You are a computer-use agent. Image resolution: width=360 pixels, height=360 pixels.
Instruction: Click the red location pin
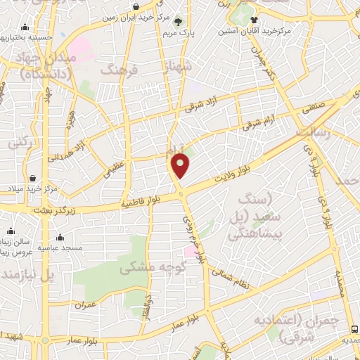[x=181, y=165]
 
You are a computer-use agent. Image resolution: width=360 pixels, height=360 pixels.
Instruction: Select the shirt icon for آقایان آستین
[x=255, y=20]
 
